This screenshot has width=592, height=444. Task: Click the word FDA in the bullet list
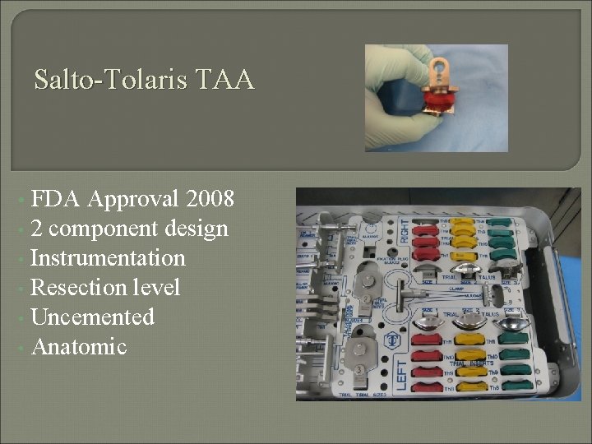pyautogui.click(x=56, y=199)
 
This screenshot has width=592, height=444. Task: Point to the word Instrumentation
pyautogui.click(x=108, y=258)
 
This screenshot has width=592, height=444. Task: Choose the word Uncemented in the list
pyautogui.click(x=92, y=317)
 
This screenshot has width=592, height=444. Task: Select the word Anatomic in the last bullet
pyautogui.click(x=79, y=347)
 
